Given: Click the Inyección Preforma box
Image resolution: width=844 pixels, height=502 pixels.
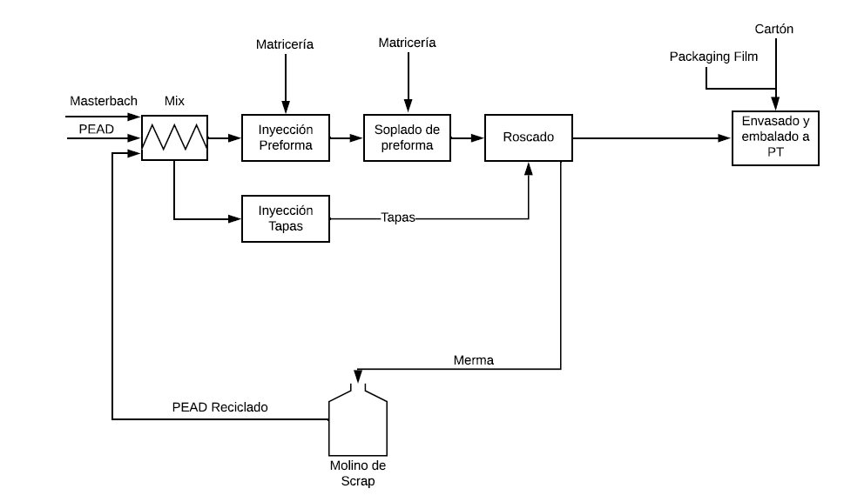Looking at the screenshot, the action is pos(286,137).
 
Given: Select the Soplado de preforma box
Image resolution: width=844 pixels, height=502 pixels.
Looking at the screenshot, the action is pos(407,137).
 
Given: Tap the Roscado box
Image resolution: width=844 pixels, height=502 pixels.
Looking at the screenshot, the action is pos(528,137).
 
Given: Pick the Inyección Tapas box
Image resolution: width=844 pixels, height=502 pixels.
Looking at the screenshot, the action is pos(286,218).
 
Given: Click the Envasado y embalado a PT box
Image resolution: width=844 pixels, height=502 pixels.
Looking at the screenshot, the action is pos(775,138).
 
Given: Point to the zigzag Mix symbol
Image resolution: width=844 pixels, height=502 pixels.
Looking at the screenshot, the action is pos(174,137).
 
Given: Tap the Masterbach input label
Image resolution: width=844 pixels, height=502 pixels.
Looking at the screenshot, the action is pos(104,101).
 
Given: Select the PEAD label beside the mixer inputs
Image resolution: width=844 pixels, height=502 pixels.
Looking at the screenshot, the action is pos(97,129).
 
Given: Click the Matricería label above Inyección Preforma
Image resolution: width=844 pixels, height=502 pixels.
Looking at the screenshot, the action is pos(285,44).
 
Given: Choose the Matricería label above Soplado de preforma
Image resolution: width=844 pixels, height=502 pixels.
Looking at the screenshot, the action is pos(407,43).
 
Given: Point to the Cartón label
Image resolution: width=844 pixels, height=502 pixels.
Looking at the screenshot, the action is pos(774,29).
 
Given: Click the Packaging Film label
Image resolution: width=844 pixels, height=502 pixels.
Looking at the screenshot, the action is pos(713,57).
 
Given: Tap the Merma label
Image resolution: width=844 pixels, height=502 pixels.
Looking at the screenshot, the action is pos(474,360).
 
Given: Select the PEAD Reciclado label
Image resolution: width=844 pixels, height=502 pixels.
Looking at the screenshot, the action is pos(220,407).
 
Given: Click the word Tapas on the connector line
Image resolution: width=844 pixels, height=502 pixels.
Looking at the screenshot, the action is pos(398,218).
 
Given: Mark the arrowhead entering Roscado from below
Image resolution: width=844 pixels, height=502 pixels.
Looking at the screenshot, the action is pos(529,168).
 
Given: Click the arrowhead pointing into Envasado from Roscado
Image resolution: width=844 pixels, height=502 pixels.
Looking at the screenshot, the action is pos(725,138).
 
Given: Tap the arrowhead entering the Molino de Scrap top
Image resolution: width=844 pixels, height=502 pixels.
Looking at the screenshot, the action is pos(358,376).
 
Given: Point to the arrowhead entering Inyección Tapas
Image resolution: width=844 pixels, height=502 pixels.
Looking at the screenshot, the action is pos(234,218).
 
